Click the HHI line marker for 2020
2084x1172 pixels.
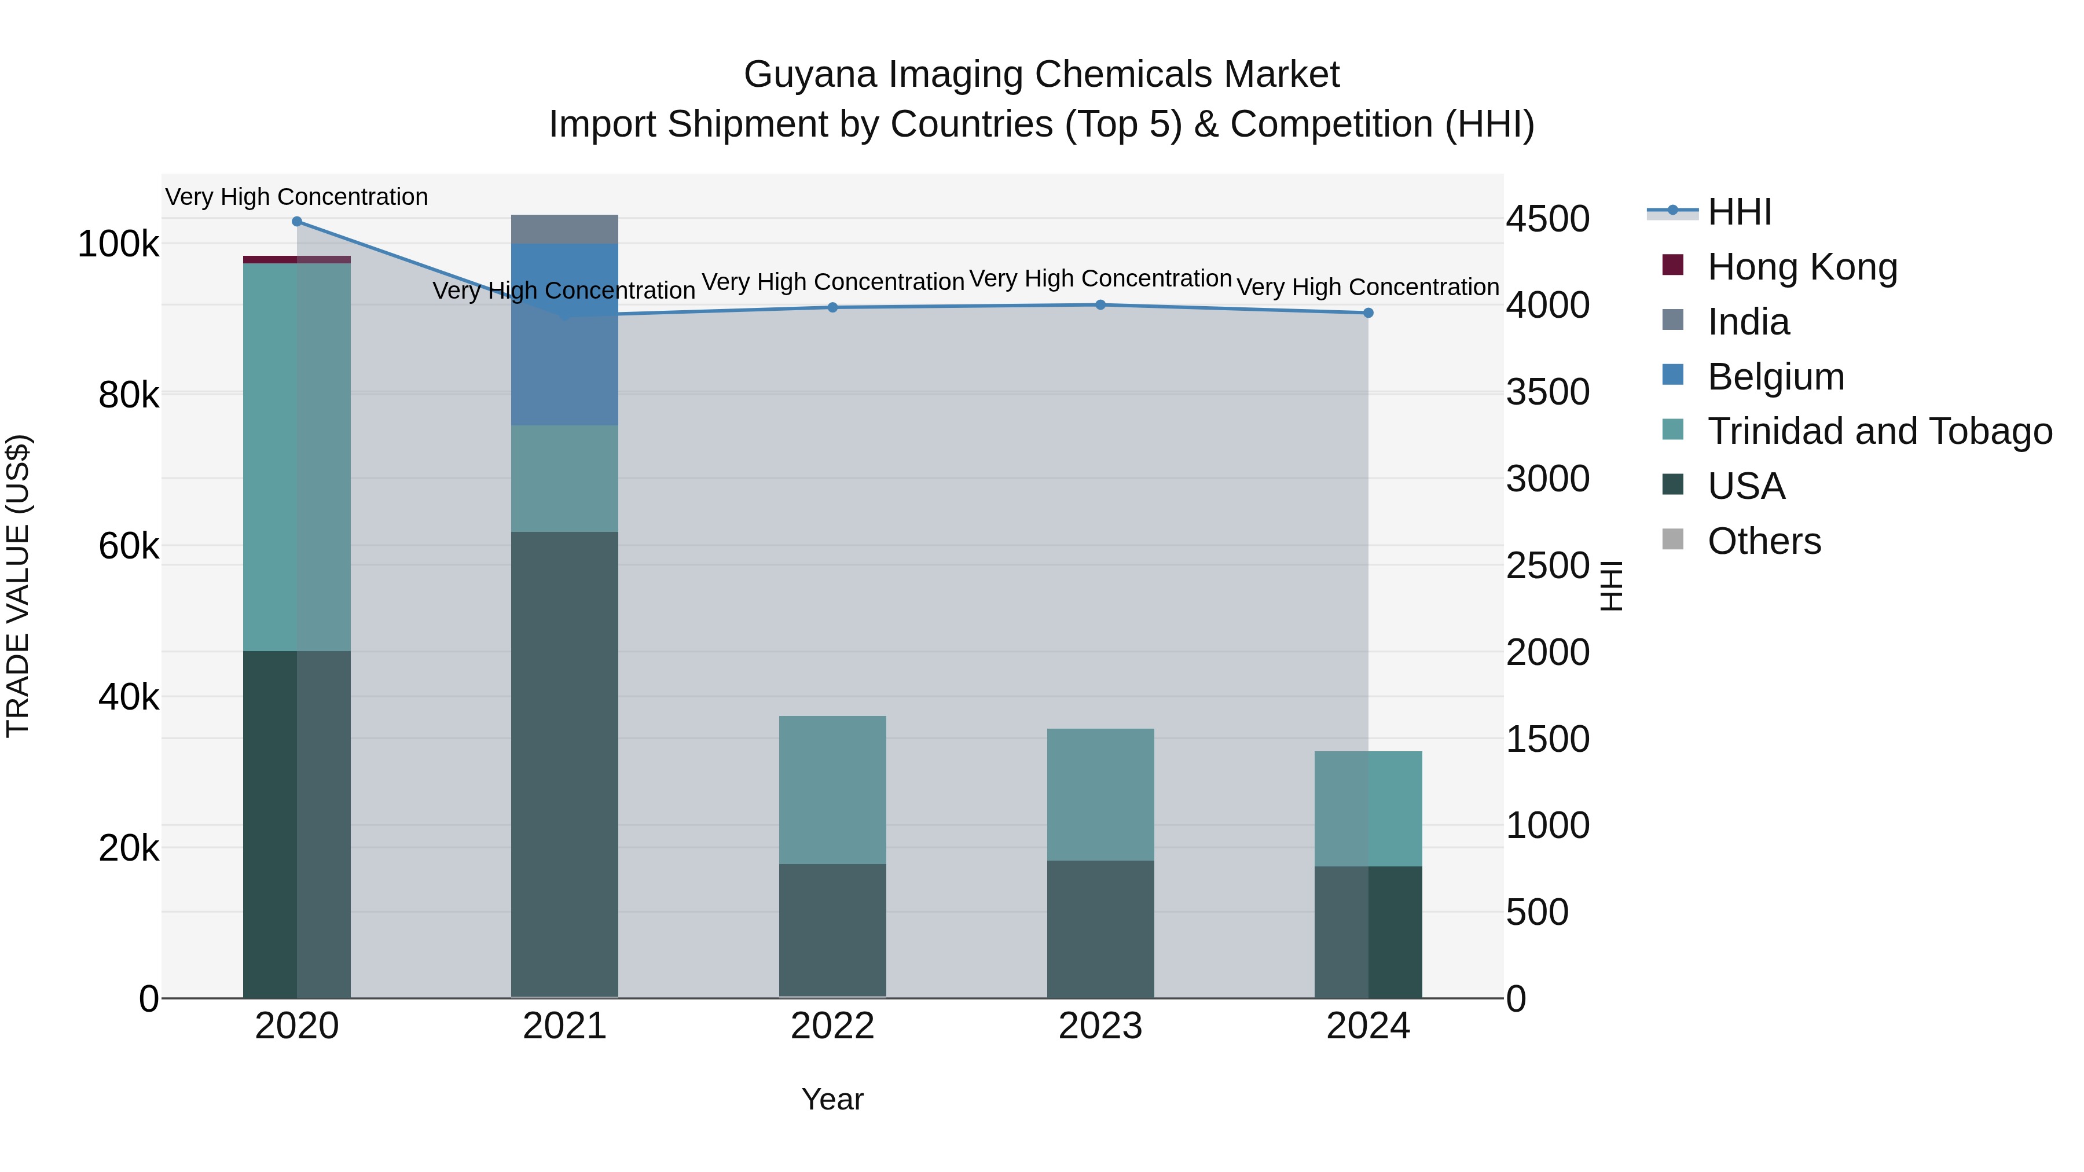[x=297, y=222]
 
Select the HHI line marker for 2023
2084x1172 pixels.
[x=1100, y=305]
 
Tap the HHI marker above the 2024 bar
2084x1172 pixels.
[x=1368, y=313]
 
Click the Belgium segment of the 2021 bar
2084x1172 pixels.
[x=564, y=334]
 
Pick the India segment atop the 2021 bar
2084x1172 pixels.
[x=564, y=229]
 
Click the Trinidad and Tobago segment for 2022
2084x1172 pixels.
[x=832, y=789]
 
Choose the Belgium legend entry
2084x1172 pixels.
[x=1776, y=377]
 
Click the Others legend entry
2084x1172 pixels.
[x=1764, y=541]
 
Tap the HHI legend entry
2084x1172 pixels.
[x=1740, y=212]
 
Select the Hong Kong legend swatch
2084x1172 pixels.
[x=1672, y=265]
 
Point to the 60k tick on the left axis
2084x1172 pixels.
[x=128, y=547]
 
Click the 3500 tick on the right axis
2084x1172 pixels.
[x=1547, y=392]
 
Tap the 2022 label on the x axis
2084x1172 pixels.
[x=832, y=1026]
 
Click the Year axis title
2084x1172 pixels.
[x=832, y=1099]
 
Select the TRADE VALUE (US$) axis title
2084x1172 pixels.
[x=18, y=586]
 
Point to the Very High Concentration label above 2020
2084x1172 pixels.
[x=297, y=197]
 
